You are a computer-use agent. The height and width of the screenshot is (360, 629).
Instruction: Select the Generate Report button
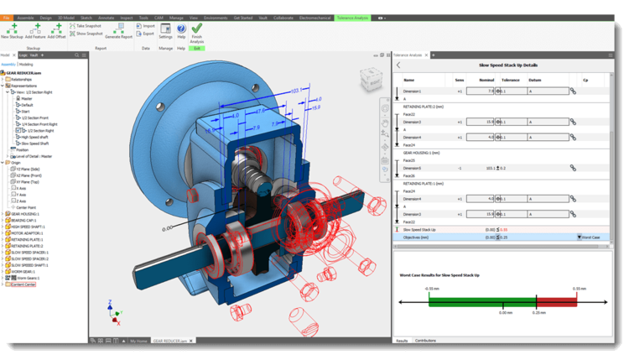[x=118, y=31]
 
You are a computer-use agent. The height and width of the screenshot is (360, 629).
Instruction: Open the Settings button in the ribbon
[x=165, y=30]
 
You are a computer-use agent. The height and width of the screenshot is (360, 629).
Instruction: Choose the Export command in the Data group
[x=148, y=34]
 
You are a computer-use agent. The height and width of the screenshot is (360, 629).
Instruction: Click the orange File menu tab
[x=7, y=16]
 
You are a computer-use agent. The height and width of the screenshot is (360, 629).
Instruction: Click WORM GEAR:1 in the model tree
[x=23, y=271]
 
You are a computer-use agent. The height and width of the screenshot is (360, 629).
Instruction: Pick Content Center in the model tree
[x=24, y=284]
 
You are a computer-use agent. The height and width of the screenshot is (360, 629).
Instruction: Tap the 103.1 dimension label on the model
[x=295, y=89]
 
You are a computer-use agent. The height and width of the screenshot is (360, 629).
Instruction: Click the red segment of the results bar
[x=554, y=301]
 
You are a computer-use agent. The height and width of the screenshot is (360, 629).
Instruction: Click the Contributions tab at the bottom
[x=426, y=341]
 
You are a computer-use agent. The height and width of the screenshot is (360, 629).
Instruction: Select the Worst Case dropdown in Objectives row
[x=590, y=237]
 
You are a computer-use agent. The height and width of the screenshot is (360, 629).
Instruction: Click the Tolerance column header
[x=510, y=79]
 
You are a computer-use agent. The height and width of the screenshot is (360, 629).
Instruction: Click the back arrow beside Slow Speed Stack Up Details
[x=398, y=65]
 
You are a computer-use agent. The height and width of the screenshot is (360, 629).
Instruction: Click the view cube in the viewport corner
[x=369, y=80]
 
